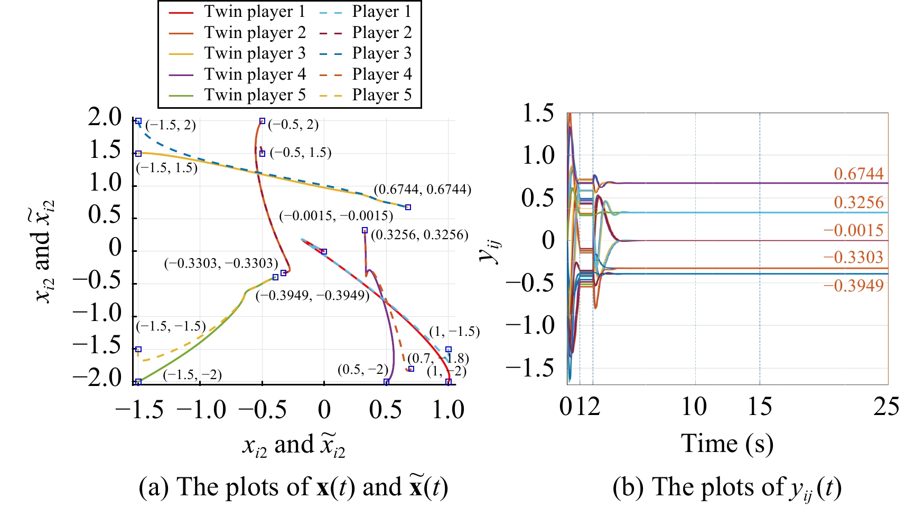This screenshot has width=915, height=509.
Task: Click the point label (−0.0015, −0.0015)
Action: [337, 215]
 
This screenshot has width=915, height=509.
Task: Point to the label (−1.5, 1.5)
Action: [167, 168]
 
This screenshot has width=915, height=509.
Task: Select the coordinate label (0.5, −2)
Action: [363, 369]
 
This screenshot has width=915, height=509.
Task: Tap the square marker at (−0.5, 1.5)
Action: [262, 154]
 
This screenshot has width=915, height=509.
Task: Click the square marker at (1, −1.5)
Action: [449, 350]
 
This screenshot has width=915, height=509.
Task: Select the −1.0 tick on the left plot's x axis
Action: [201, 410]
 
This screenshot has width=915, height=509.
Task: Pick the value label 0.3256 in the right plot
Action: [858, 202]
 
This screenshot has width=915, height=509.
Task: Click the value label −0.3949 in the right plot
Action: [854, 286]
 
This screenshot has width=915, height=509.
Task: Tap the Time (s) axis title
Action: [727, 444]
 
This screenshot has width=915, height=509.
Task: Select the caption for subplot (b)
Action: [727, 487]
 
